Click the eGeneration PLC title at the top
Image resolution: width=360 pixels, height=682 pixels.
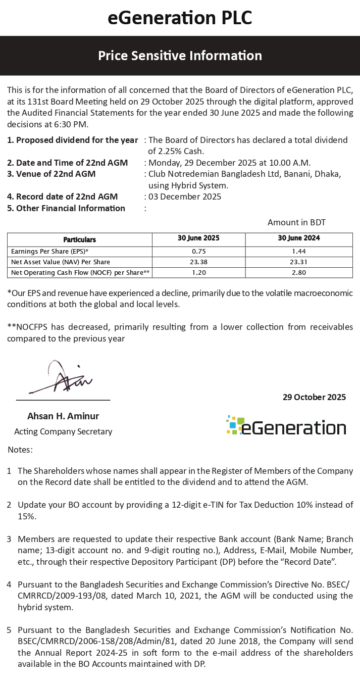(180, 18)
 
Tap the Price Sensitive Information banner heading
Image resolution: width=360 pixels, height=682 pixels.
(180, 56)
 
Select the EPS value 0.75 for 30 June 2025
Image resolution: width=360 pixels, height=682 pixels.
(198, 251)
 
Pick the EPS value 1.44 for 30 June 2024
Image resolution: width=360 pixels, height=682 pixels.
(299, 251)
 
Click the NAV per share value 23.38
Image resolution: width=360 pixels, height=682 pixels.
(198, 262)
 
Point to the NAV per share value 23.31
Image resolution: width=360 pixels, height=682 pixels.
(299, 262)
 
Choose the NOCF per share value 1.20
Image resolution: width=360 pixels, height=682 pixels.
(198, 272)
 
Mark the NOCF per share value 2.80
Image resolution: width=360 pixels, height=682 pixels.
(299, 272)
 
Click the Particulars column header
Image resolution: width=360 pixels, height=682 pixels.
(79, 239)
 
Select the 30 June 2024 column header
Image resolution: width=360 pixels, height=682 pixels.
(299, 238)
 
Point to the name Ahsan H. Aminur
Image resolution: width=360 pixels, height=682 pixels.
(63, 416)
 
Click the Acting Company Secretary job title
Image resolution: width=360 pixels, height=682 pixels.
(63, 431)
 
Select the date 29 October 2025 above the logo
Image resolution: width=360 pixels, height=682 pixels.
(314, 397)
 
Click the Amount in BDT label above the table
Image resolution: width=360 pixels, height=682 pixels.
(300, 222)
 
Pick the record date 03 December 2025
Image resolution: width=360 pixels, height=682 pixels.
(185, 197)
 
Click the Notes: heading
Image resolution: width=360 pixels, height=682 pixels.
(20, 449)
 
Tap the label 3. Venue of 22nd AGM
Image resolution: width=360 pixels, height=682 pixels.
(51, 174)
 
